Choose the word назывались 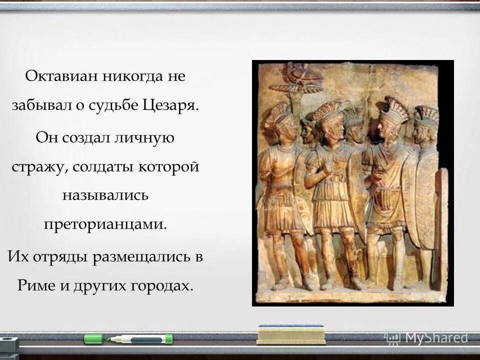point(105,194)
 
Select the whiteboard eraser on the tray point(290,334)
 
